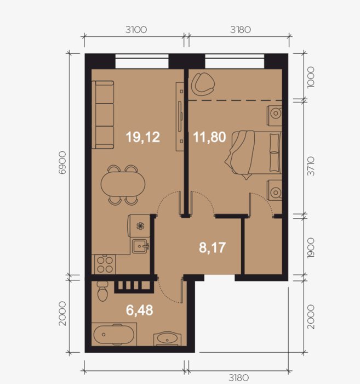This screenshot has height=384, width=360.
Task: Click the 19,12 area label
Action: click(143, 137)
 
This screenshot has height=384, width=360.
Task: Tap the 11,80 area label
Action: click(210, 137)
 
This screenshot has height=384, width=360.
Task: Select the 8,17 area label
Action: click(212, 247)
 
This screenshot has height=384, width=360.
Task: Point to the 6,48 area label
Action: click(139, 310)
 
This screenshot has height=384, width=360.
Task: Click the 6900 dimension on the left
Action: click(62, 162)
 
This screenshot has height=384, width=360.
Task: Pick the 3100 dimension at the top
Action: click(136, 30)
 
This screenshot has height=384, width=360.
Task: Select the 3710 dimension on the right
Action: click(311, 166)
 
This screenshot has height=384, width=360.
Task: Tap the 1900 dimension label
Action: click(311, 247)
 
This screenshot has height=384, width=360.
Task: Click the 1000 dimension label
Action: click(311, 77)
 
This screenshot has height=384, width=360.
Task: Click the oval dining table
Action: click(123, 184)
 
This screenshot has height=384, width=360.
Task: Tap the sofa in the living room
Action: click(102, 115)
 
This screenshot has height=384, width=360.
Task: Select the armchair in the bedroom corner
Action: click(203, 83)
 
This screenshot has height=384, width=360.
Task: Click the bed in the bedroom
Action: click(254, 154)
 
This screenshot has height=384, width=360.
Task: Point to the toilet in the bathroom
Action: click(102, 291)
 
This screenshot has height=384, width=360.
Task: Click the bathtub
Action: click(114, 335)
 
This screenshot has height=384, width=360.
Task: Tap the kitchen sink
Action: click(140, 246)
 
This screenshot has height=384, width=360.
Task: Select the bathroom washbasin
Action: click(167, 339)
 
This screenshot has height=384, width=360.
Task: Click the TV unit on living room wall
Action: click(180, 116)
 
